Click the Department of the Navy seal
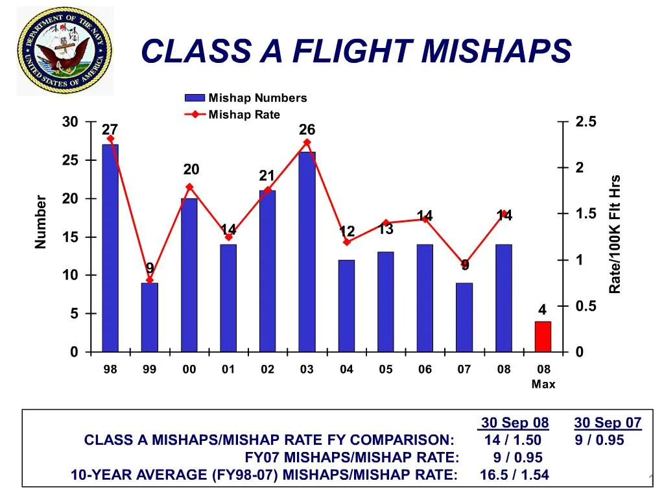coord(64,51)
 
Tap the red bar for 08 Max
coord(543,337)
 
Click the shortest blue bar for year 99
coord(150,317)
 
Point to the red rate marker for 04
coord(347,242)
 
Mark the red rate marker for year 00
coord(189,187)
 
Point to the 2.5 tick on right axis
coord(586,123)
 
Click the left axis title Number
coord(41,221)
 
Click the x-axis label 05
coord(386,370)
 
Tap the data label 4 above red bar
coord(542,311)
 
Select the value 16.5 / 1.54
coord(514,475)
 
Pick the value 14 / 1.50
coord(513,440)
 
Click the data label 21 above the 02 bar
coord(267,176)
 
